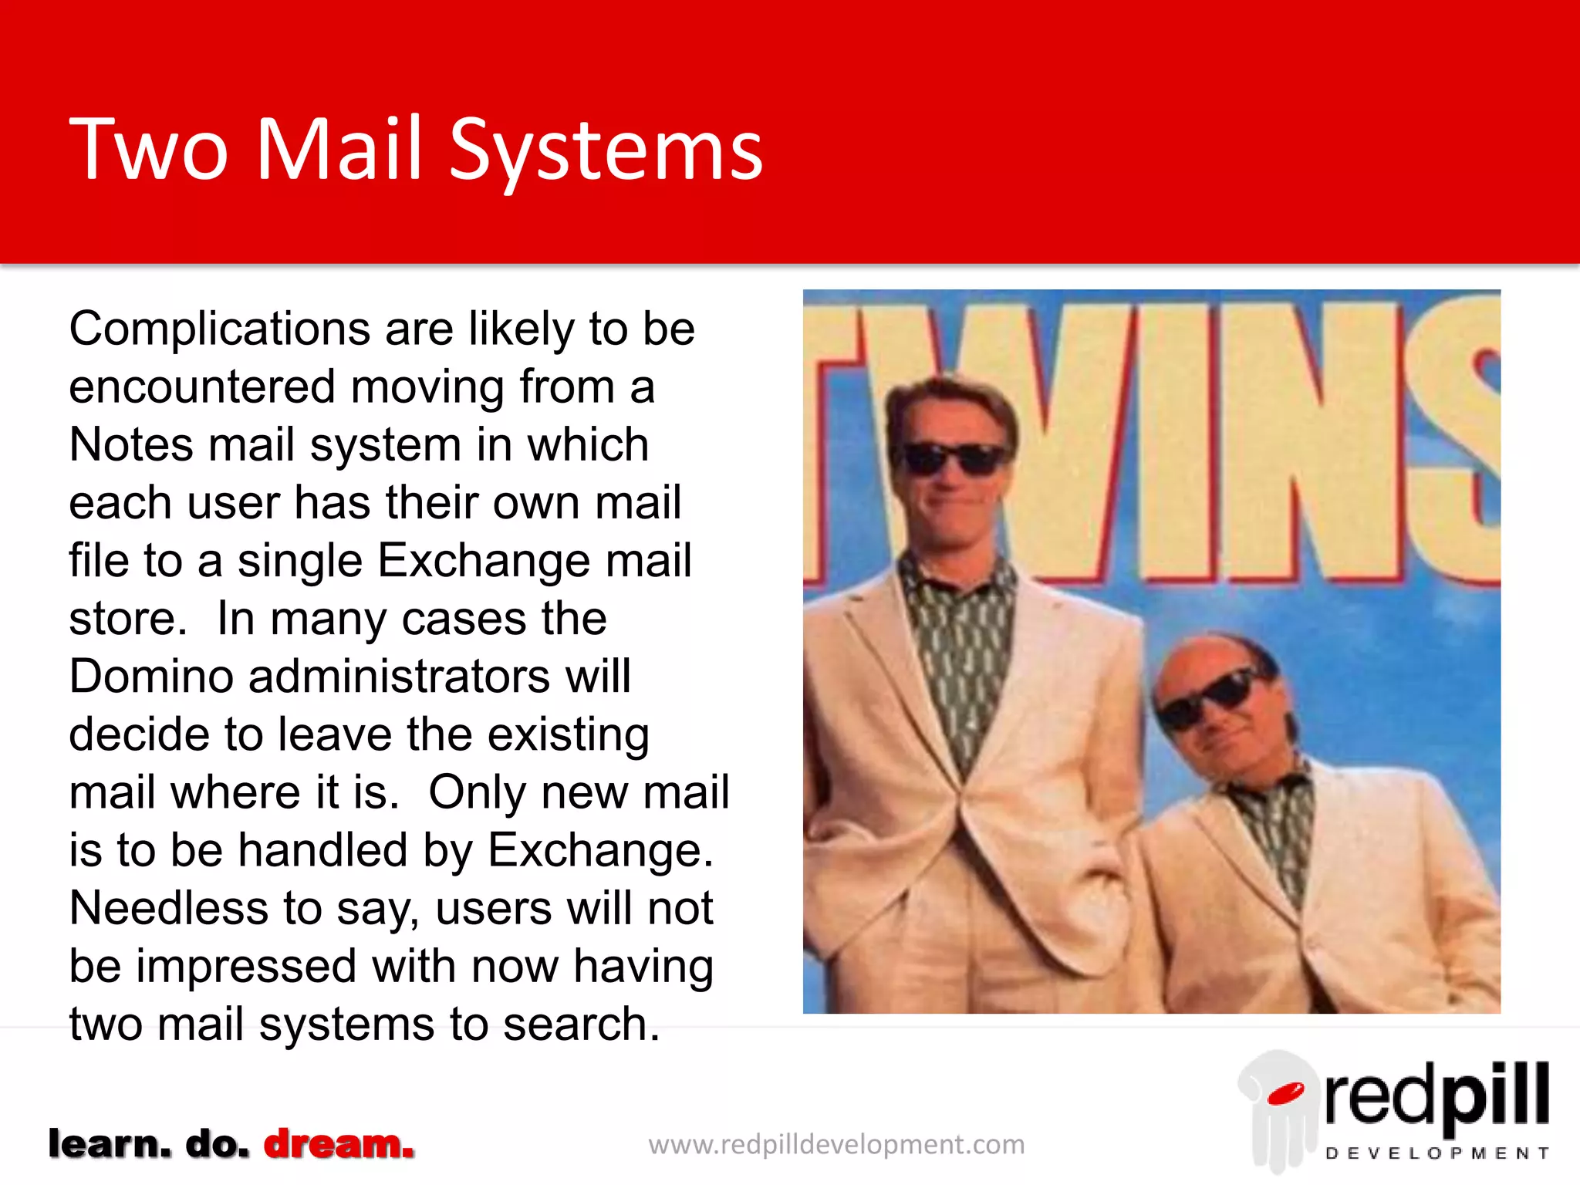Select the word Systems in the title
click(x=606, y=150)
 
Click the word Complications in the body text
click(x=220, y=329)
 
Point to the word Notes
click(x=131, y=445)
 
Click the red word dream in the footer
click(x=339, y=1144)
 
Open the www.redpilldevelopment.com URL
click(x=836, y=1145)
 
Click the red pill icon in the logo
click(x=1285, y=1093)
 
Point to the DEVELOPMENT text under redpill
click(x=1437, y=1153)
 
